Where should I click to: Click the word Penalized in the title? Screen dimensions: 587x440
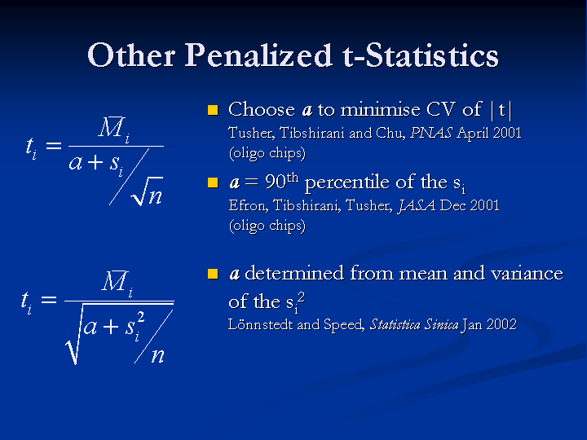coord(258,55)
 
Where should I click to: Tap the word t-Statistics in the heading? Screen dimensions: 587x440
coord(421,55)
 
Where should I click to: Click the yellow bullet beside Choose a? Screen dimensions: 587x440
coord(213,110)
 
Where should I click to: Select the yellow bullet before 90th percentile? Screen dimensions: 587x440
coord(213,183)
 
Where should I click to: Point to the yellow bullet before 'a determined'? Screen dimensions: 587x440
coord(213,274)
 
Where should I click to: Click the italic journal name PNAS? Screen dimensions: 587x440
coord(431,133)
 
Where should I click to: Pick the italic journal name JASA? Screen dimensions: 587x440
coord(417,205)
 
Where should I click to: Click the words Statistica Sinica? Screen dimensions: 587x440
coord(414,324)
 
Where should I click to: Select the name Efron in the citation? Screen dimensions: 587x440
coord(248,206)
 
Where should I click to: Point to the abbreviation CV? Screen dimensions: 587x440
coord(440,110)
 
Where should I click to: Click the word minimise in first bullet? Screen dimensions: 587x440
coord(381,110)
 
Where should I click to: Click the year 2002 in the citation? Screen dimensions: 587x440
coord(501,324)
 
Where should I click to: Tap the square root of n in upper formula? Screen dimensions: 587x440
coord(148,191)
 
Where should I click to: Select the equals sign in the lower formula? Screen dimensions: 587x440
coord(49,299)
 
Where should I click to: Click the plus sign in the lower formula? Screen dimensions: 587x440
coord(111,327)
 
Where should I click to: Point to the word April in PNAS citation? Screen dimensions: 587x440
coord(473,134)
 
